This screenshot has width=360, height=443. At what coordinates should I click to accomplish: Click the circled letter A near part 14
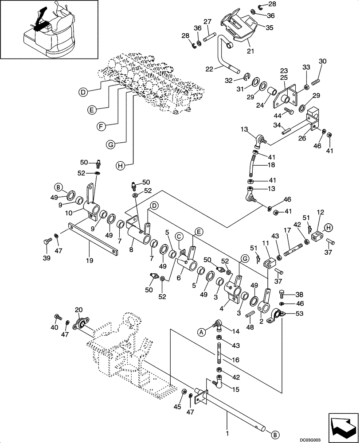click(200, 330)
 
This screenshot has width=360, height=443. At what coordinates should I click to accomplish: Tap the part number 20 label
click(78, 310)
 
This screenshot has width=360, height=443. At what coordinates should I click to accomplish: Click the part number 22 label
click(210, 69)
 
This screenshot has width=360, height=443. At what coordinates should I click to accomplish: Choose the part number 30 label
click(322, 61)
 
